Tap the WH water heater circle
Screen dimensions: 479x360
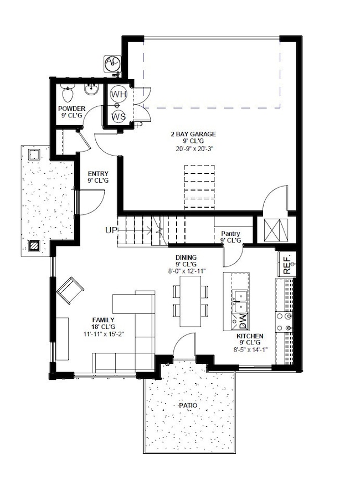[x=119, y=94]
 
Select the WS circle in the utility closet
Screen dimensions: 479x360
[x=119, y=116]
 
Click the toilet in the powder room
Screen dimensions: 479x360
[x=68, y=90]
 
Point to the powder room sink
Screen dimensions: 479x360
[x=91, y=89]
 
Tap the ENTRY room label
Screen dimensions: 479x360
[x=98, y=173]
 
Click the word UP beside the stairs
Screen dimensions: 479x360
[x=111, y=230]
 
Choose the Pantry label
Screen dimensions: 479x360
[x=230, y=234]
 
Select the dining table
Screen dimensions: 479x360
[x=190, y=301]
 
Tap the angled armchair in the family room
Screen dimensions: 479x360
[x=70, y=290]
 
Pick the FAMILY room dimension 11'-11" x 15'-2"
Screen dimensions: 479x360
[x=103, y=334]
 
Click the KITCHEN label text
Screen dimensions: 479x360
[x=250, y=336]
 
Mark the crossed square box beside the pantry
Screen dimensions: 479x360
[x=275, y=230]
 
